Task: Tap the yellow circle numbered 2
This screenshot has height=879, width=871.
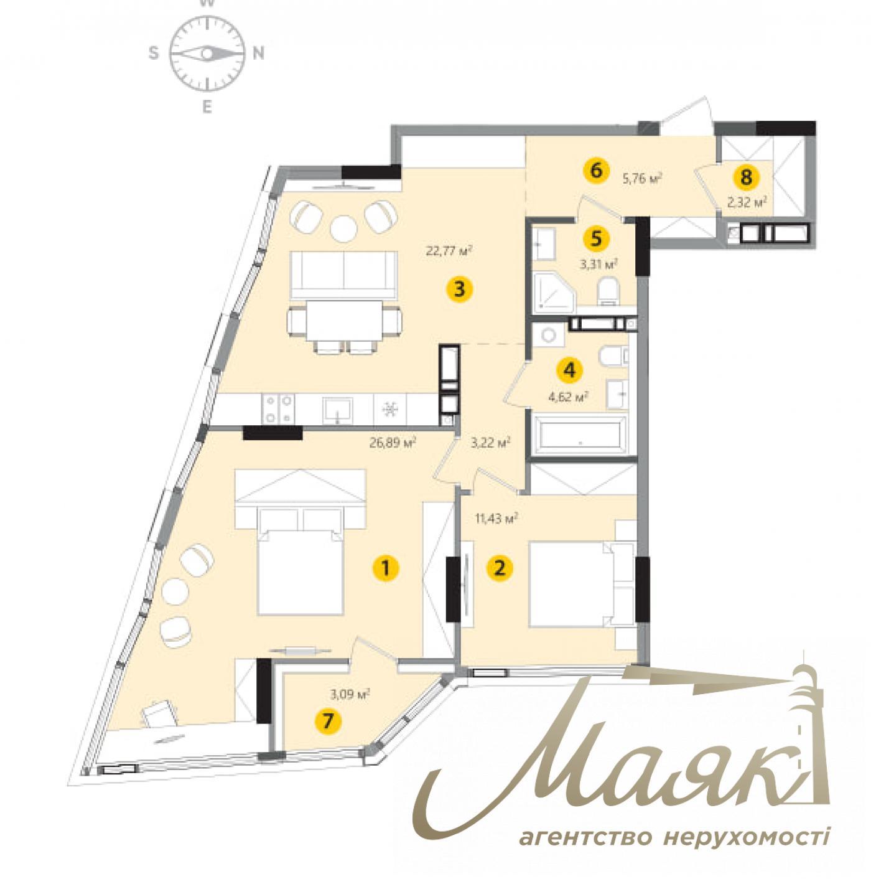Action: [498, 568]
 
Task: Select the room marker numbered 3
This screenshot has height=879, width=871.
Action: [459, 289]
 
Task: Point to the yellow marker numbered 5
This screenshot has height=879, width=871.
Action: [596, 238]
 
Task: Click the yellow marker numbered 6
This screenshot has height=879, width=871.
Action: [596, 170]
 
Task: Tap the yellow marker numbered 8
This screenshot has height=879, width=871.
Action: [746, 177]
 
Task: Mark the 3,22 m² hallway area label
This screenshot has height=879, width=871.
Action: [490, 443]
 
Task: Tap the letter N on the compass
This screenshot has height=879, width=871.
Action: [258, 54]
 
